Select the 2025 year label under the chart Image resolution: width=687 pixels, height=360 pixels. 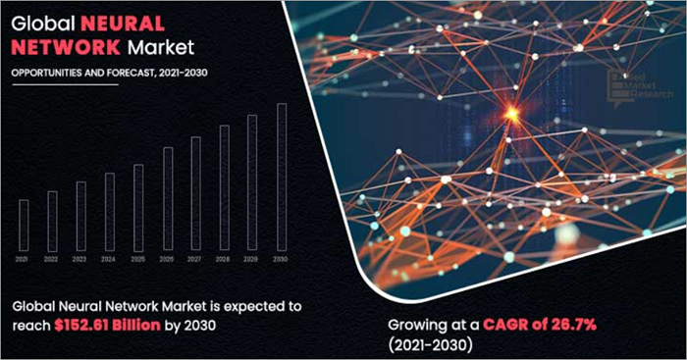(x=138, y=259)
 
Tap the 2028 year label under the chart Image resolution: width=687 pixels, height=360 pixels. (x=224, y=259)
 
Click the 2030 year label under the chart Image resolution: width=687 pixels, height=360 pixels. (x=282, y=259)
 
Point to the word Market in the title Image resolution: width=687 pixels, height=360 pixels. (x=158, y=46)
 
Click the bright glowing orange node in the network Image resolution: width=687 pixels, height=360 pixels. (x=510, y=115)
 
